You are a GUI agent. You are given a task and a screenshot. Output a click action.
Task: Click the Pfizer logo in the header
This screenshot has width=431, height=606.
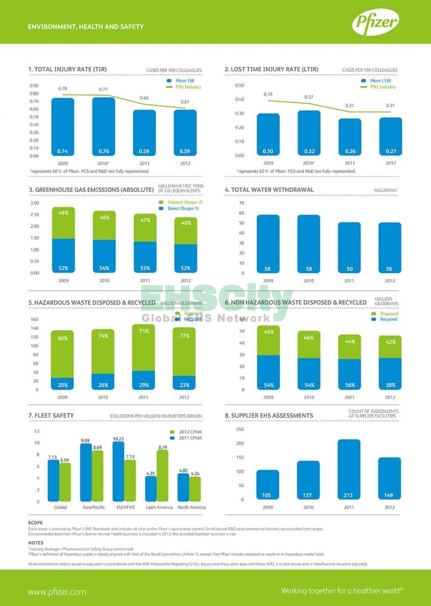(x=376, y=23)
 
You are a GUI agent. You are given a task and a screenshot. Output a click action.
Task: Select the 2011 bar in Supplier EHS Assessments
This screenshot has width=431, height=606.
(x=349, y=469)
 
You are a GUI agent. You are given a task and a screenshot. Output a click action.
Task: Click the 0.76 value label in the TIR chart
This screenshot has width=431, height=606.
(x=103, y=151)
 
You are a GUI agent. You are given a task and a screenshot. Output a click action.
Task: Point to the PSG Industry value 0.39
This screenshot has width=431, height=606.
(x=268, y=94)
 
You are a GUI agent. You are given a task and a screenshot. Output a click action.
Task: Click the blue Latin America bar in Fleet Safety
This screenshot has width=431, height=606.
(x=151, y=488)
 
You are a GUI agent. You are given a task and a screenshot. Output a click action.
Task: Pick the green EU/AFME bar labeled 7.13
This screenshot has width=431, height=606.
(x=130, y=480)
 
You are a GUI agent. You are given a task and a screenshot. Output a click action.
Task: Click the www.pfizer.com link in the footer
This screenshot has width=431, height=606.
(x=57, y=591)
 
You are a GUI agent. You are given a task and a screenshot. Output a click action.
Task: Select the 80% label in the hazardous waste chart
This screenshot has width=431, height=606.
(x=63, y=338)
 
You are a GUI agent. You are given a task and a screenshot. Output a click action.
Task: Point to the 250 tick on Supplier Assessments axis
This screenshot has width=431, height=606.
(x=240, y=430)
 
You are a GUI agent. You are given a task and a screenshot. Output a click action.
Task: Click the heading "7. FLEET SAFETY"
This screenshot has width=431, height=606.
(x=51, y=415)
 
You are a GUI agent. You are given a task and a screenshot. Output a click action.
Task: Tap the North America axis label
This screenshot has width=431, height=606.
(x=189, y=507)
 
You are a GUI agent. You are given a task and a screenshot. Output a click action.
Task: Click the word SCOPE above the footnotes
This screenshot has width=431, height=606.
(x=36, y=523)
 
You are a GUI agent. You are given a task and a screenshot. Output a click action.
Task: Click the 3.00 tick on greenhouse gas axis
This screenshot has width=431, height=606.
(x=34, y=203)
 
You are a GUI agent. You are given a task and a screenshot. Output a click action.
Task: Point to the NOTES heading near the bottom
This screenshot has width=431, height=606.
(x=36, y=542)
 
